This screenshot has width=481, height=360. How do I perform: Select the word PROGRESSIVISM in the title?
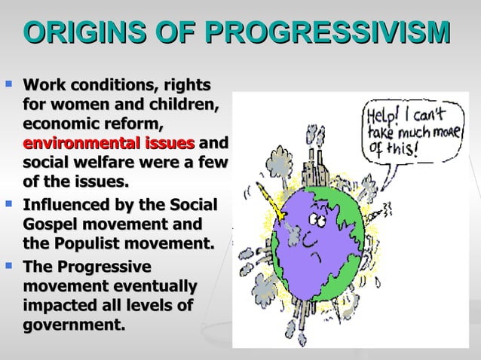pyautogui.click(x=328, y=34)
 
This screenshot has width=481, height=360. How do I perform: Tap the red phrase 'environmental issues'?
pyautogui.click(x=109, y=144)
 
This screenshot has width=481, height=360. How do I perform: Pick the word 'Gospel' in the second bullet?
pyautogui.click(x=53, y=224)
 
